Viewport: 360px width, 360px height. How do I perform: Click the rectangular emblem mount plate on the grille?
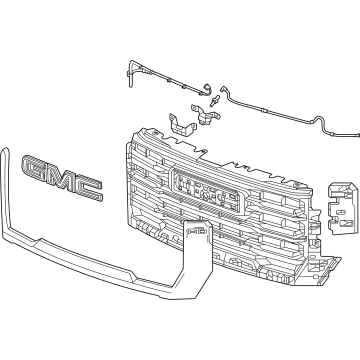(x=199, y=189)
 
